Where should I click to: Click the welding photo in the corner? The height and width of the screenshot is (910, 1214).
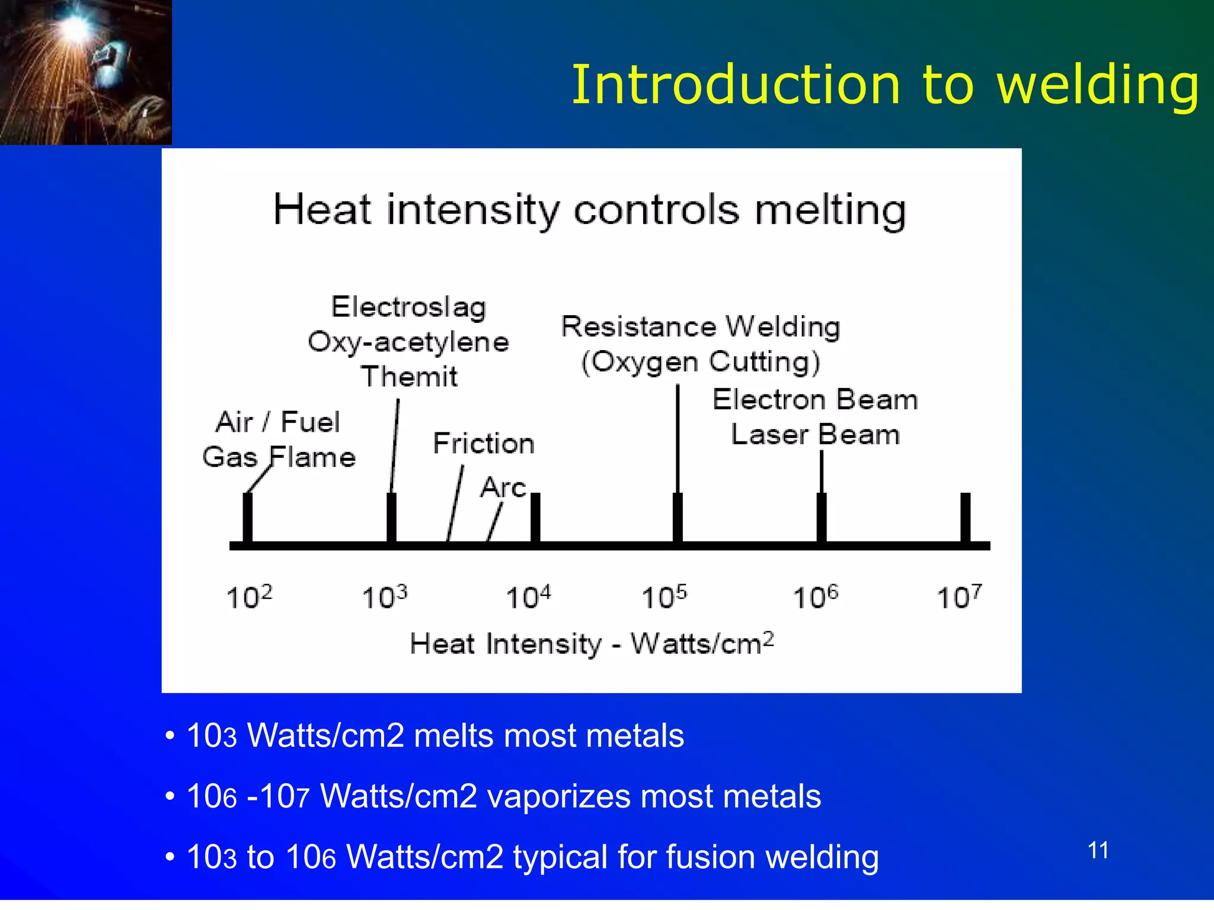click(x=85, y=72)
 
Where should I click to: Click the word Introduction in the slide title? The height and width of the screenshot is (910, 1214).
click(x=736, y=85)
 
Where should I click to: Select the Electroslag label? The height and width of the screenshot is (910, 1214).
click(x=409, y=307)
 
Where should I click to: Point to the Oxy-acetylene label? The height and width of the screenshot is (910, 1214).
click(x=408, y=342)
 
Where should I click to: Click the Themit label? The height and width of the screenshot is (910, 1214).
click(x=410, y=377)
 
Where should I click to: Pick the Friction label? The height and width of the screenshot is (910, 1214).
click(x=484, y=444)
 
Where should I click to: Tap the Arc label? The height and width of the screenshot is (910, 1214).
click(x=503, y=488)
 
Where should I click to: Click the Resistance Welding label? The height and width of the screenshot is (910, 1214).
click(x=701, y=327)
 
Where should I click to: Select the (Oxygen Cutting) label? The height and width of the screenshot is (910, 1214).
click(x=701, y=362)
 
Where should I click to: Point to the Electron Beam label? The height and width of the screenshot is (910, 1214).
click(x=815, y=400)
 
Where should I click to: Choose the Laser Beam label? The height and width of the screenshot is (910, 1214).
click(x=815, y=435)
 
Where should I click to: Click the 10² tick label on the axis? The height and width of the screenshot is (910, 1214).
click(x=250, y=597)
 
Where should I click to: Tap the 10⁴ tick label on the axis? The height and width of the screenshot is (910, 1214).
click(x=528, y=597)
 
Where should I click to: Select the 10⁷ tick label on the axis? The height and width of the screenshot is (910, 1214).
click(x=959, y=597)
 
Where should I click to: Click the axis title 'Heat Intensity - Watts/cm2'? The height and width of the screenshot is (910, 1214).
click(x=592, y=643)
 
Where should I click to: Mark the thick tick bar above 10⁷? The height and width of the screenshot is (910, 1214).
click(x=965, y=517)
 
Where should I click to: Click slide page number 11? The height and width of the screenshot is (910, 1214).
click(x=1098, y=851)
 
